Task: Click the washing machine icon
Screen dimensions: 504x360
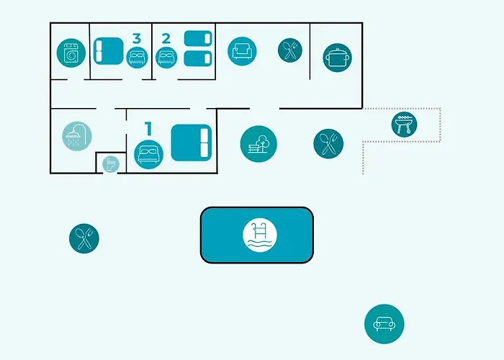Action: coord(71,53)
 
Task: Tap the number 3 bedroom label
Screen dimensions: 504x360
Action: coord(137,39)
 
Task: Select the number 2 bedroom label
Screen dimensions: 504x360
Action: coord(166,39)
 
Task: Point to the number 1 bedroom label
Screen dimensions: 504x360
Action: coord(148,129)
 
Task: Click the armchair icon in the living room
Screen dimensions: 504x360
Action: coord(242,51)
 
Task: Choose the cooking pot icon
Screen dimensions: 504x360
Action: coord(337,58)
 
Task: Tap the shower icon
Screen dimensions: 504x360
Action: coord(77,136)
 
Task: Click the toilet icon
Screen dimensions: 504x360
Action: coord(111,164)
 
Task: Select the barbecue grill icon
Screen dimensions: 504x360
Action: coord(404,125)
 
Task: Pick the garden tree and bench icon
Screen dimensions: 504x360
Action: coord(258,144)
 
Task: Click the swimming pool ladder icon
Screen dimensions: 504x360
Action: coord(260,235)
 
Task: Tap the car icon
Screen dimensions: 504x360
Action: coord(384,324)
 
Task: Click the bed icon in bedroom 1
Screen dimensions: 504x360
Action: coord(148,155)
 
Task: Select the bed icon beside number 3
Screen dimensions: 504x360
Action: coord(137,58)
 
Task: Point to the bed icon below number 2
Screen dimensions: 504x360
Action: coord(166,58)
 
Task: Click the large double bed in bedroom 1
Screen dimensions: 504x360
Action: coord(192,143)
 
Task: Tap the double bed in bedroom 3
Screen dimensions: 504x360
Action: coord(108,51)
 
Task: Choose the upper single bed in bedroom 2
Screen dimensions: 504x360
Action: coord(198,39)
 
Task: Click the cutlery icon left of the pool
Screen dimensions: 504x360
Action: coord(84,238)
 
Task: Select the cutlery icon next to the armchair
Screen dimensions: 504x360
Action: coord(290,50)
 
